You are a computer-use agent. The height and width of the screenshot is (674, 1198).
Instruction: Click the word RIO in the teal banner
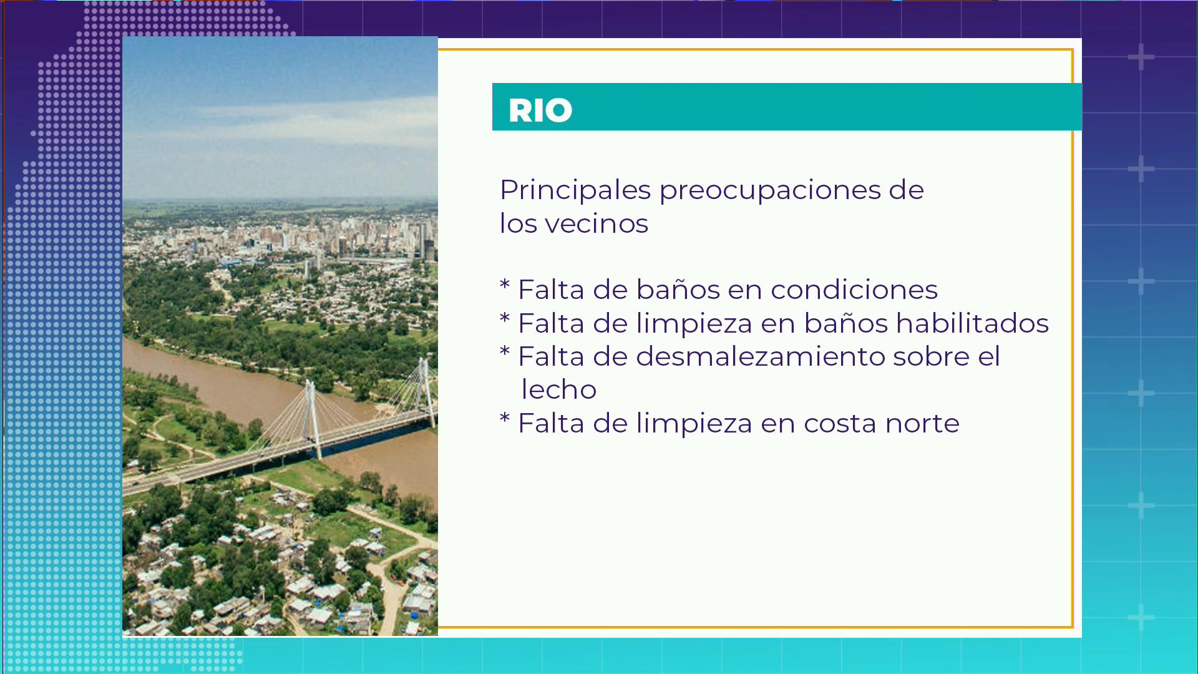tap(540, 110)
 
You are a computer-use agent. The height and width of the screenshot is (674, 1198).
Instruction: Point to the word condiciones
tap(854, 290)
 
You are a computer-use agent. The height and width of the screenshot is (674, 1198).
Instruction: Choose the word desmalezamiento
tap(761, 356)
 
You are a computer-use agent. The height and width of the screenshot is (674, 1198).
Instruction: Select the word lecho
tap(558, 390)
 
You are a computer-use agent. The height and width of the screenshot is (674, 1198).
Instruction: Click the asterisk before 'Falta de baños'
tap(505, 286)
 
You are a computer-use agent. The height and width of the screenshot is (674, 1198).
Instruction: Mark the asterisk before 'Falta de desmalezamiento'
tap(505, 353)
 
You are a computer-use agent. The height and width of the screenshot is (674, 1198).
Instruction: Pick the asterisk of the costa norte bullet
tap(505, 419)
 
